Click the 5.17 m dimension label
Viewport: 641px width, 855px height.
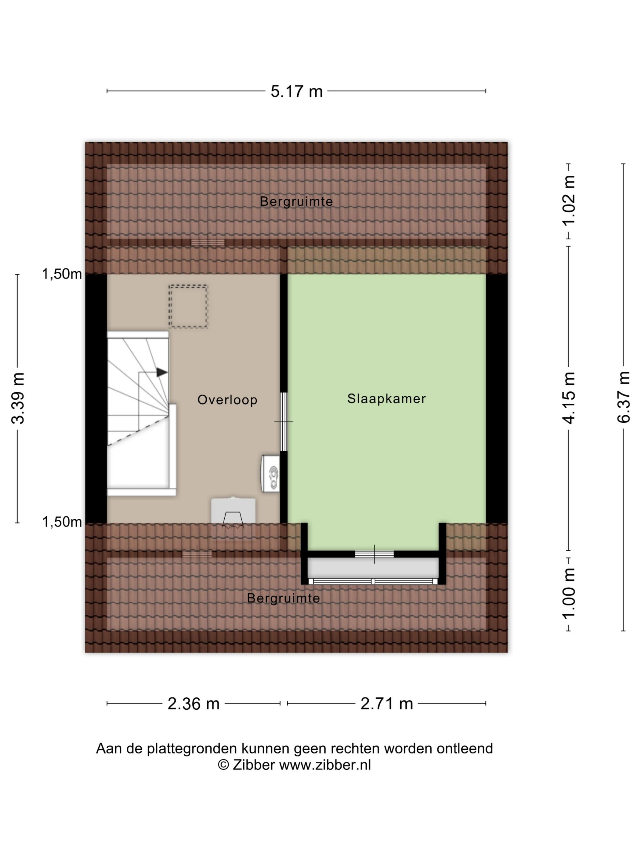(296, 92)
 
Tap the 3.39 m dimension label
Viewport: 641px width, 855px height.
(18, 398)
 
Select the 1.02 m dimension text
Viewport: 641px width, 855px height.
(569, 201)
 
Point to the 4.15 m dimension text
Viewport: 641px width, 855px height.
(569, 398)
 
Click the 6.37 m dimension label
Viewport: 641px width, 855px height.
(623, 397)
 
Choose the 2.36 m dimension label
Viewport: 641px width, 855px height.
(194, 704)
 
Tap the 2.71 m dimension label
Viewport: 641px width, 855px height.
(387, 704)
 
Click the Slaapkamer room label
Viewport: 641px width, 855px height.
(386, 398)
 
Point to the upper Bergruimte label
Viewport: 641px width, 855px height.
(296, 201)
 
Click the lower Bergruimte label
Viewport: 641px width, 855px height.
(284, 598)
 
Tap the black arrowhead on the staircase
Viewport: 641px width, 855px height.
(162, 373)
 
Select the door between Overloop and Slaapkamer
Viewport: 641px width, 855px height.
(284, 422)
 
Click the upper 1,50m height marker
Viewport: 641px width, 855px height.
(62, 274)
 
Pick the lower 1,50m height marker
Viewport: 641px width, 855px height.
(62, 522)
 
